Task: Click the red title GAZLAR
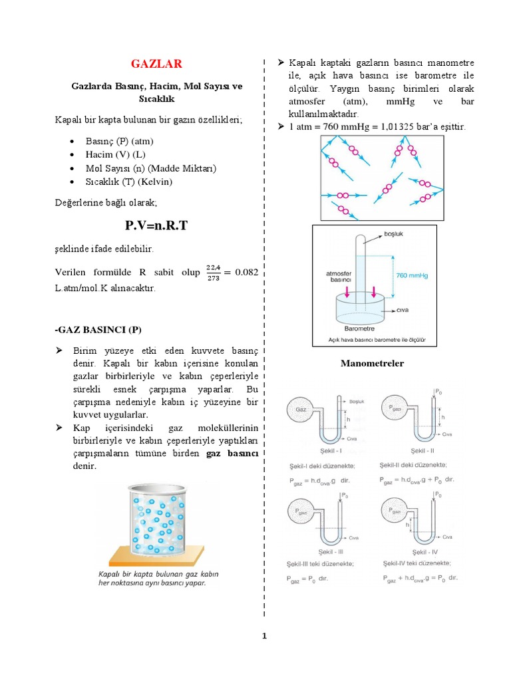coord(157,64)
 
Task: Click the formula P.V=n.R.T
coord(156,225)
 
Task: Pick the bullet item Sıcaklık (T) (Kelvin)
coord(129,182)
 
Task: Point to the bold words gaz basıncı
coord(233,453)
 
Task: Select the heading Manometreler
coord(372,364)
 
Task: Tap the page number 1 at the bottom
coord(264,636)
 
